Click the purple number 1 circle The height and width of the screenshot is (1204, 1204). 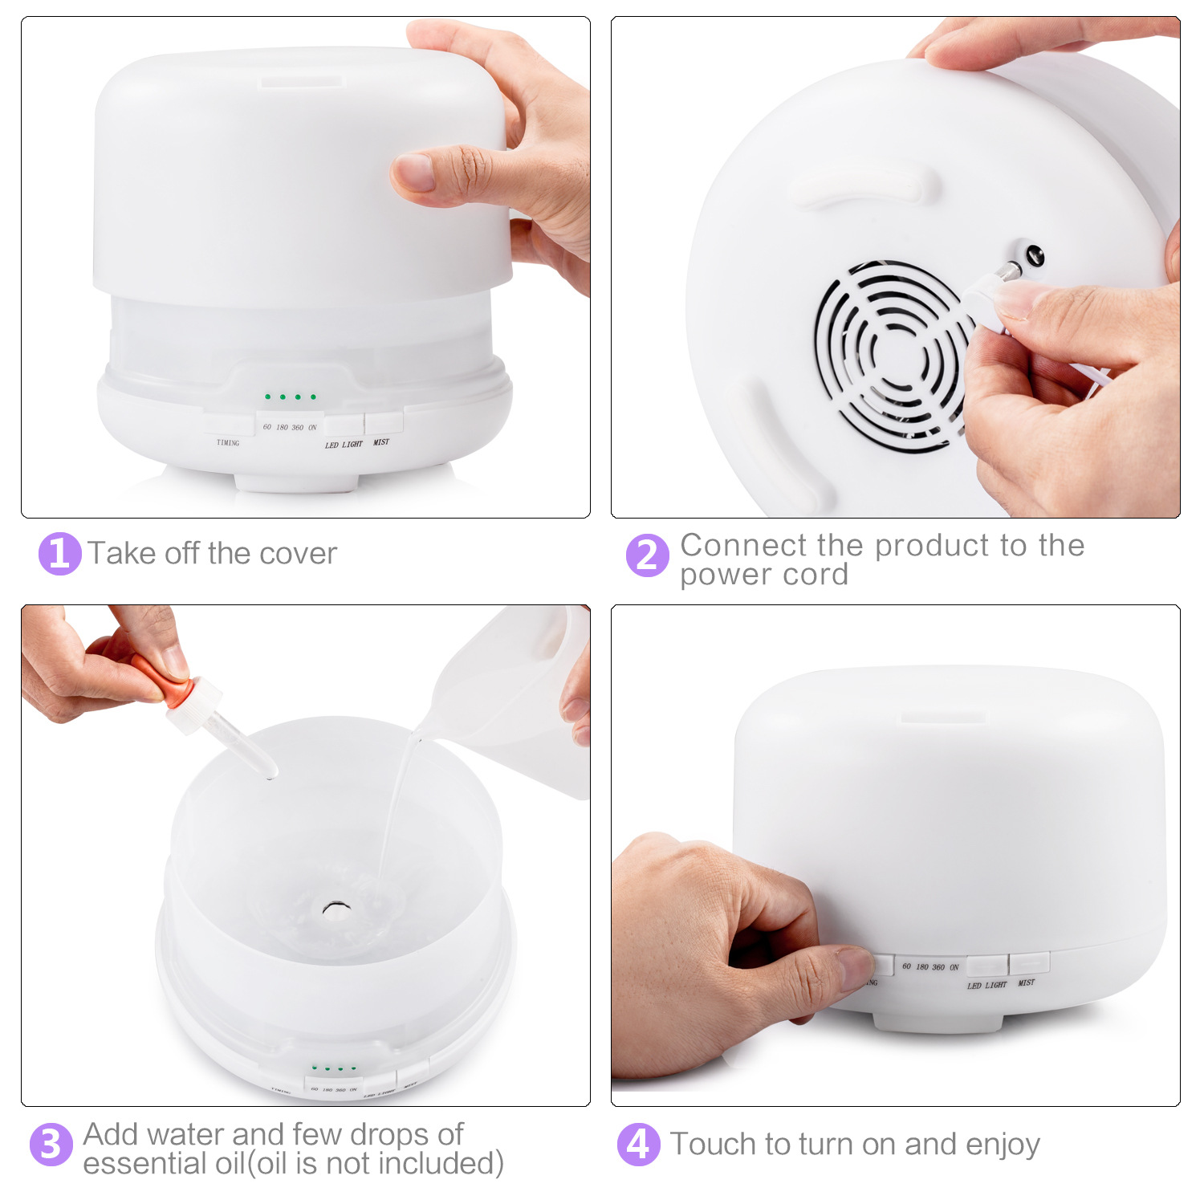click(60, 554)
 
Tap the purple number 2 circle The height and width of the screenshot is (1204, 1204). click(647, 555)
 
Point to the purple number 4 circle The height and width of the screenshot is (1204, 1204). click(638, 1144)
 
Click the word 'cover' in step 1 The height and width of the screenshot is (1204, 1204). click(298, 554)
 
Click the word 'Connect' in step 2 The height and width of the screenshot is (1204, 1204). click(743, 546)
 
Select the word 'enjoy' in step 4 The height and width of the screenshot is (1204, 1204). click(1003, 1145)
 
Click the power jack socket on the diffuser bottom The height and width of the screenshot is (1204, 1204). click(1034, 255)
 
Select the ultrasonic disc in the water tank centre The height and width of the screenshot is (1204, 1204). click(336, 909)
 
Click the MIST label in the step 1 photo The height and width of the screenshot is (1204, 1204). click(381, 442)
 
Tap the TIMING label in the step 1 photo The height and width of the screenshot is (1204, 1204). click(228, 443)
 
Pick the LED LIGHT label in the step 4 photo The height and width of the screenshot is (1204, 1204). click(986, 985)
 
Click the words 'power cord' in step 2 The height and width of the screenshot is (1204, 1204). click(763, 576)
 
